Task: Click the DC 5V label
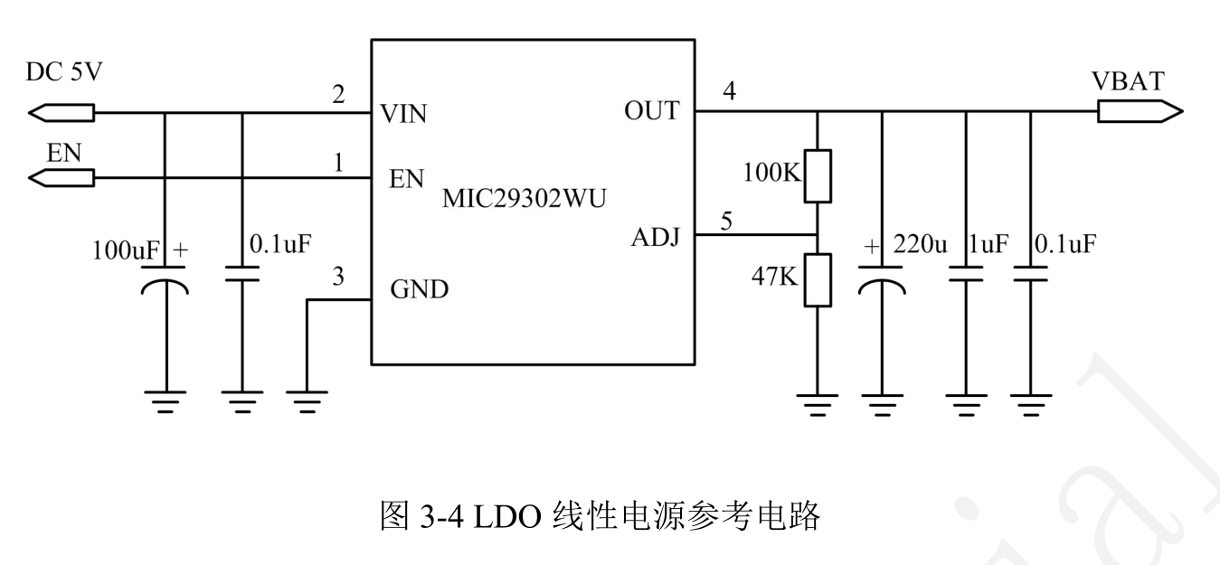(64, 72)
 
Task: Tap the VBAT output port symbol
(1139, 112)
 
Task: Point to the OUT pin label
(651, 111)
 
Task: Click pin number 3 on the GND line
(338, 278)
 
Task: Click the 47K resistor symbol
(817, 278)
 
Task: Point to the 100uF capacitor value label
(125, 250)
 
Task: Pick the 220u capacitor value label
(919, 245)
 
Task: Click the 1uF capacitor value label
(988, 245)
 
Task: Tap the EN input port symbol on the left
(61, 179)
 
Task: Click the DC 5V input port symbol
(61, 113)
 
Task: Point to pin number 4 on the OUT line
(729, 91)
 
